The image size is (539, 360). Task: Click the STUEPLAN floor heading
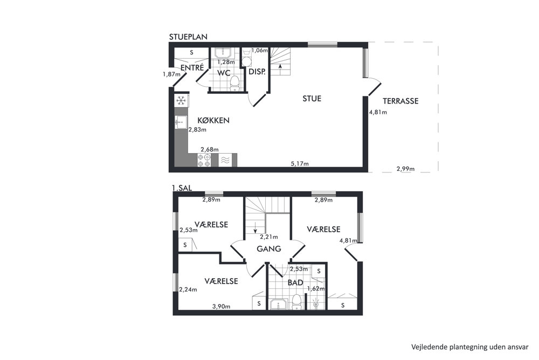click(x=188, y=37)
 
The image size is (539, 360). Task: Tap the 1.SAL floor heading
click(x=182, y=188)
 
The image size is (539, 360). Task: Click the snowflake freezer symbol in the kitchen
click(x=181, y=101)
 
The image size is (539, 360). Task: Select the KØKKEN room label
click(x=213, y=120)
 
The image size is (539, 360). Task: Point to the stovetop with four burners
click(x=204, y=160)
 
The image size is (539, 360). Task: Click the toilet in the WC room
click(x=235, y=84)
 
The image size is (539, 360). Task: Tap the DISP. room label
click(x=257, y=72)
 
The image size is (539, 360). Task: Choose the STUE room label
click(x=312, y=99)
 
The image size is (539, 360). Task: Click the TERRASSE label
click(x=400, y=101)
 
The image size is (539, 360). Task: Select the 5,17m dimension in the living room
click(x=300, y=164)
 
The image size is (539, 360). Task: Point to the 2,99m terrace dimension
click(x=406, y=169)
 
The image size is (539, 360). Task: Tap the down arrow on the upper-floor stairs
click(x=255, y=227)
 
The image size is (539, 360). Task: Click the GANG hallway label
click(x=269, y=248)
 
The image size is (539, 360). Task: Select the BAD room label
click(x=295, y=282)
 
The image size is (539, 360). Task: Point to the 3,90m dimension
click(x=222, y=306)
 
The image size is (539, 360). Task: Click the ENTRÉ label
click(x=192, y=68)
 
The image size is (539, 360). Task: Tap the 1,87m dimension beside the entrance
click(x=171, y=74)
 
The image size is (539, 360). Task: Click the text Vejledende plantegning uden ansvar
click(x=470, y=347)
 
